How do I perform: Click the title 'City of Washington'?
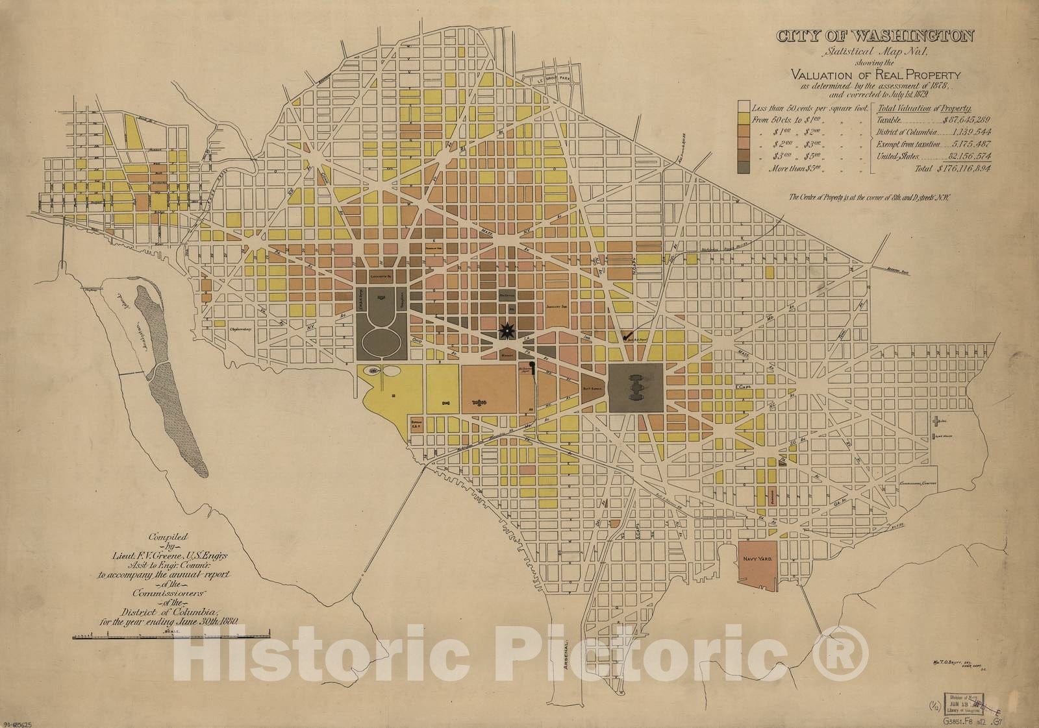coord(875,36)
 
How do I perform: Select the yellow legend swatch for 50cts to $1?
coord(744,120)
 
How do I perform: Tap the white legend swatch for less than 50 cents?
coord(744,108)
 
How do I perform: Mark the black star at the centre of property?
coord(505,332)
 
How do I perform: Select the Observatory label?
coord(239,329)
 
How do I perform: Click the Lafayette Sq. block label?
coord(383,275)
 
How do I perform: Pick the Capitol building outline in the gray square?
coord(636,387)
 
